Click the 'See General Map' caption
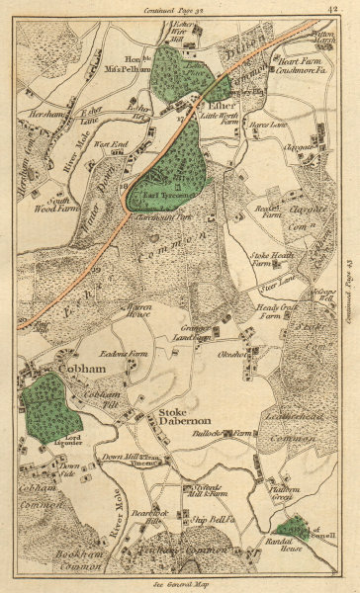coord(179,585)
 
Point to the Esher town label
coord(218,101)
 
